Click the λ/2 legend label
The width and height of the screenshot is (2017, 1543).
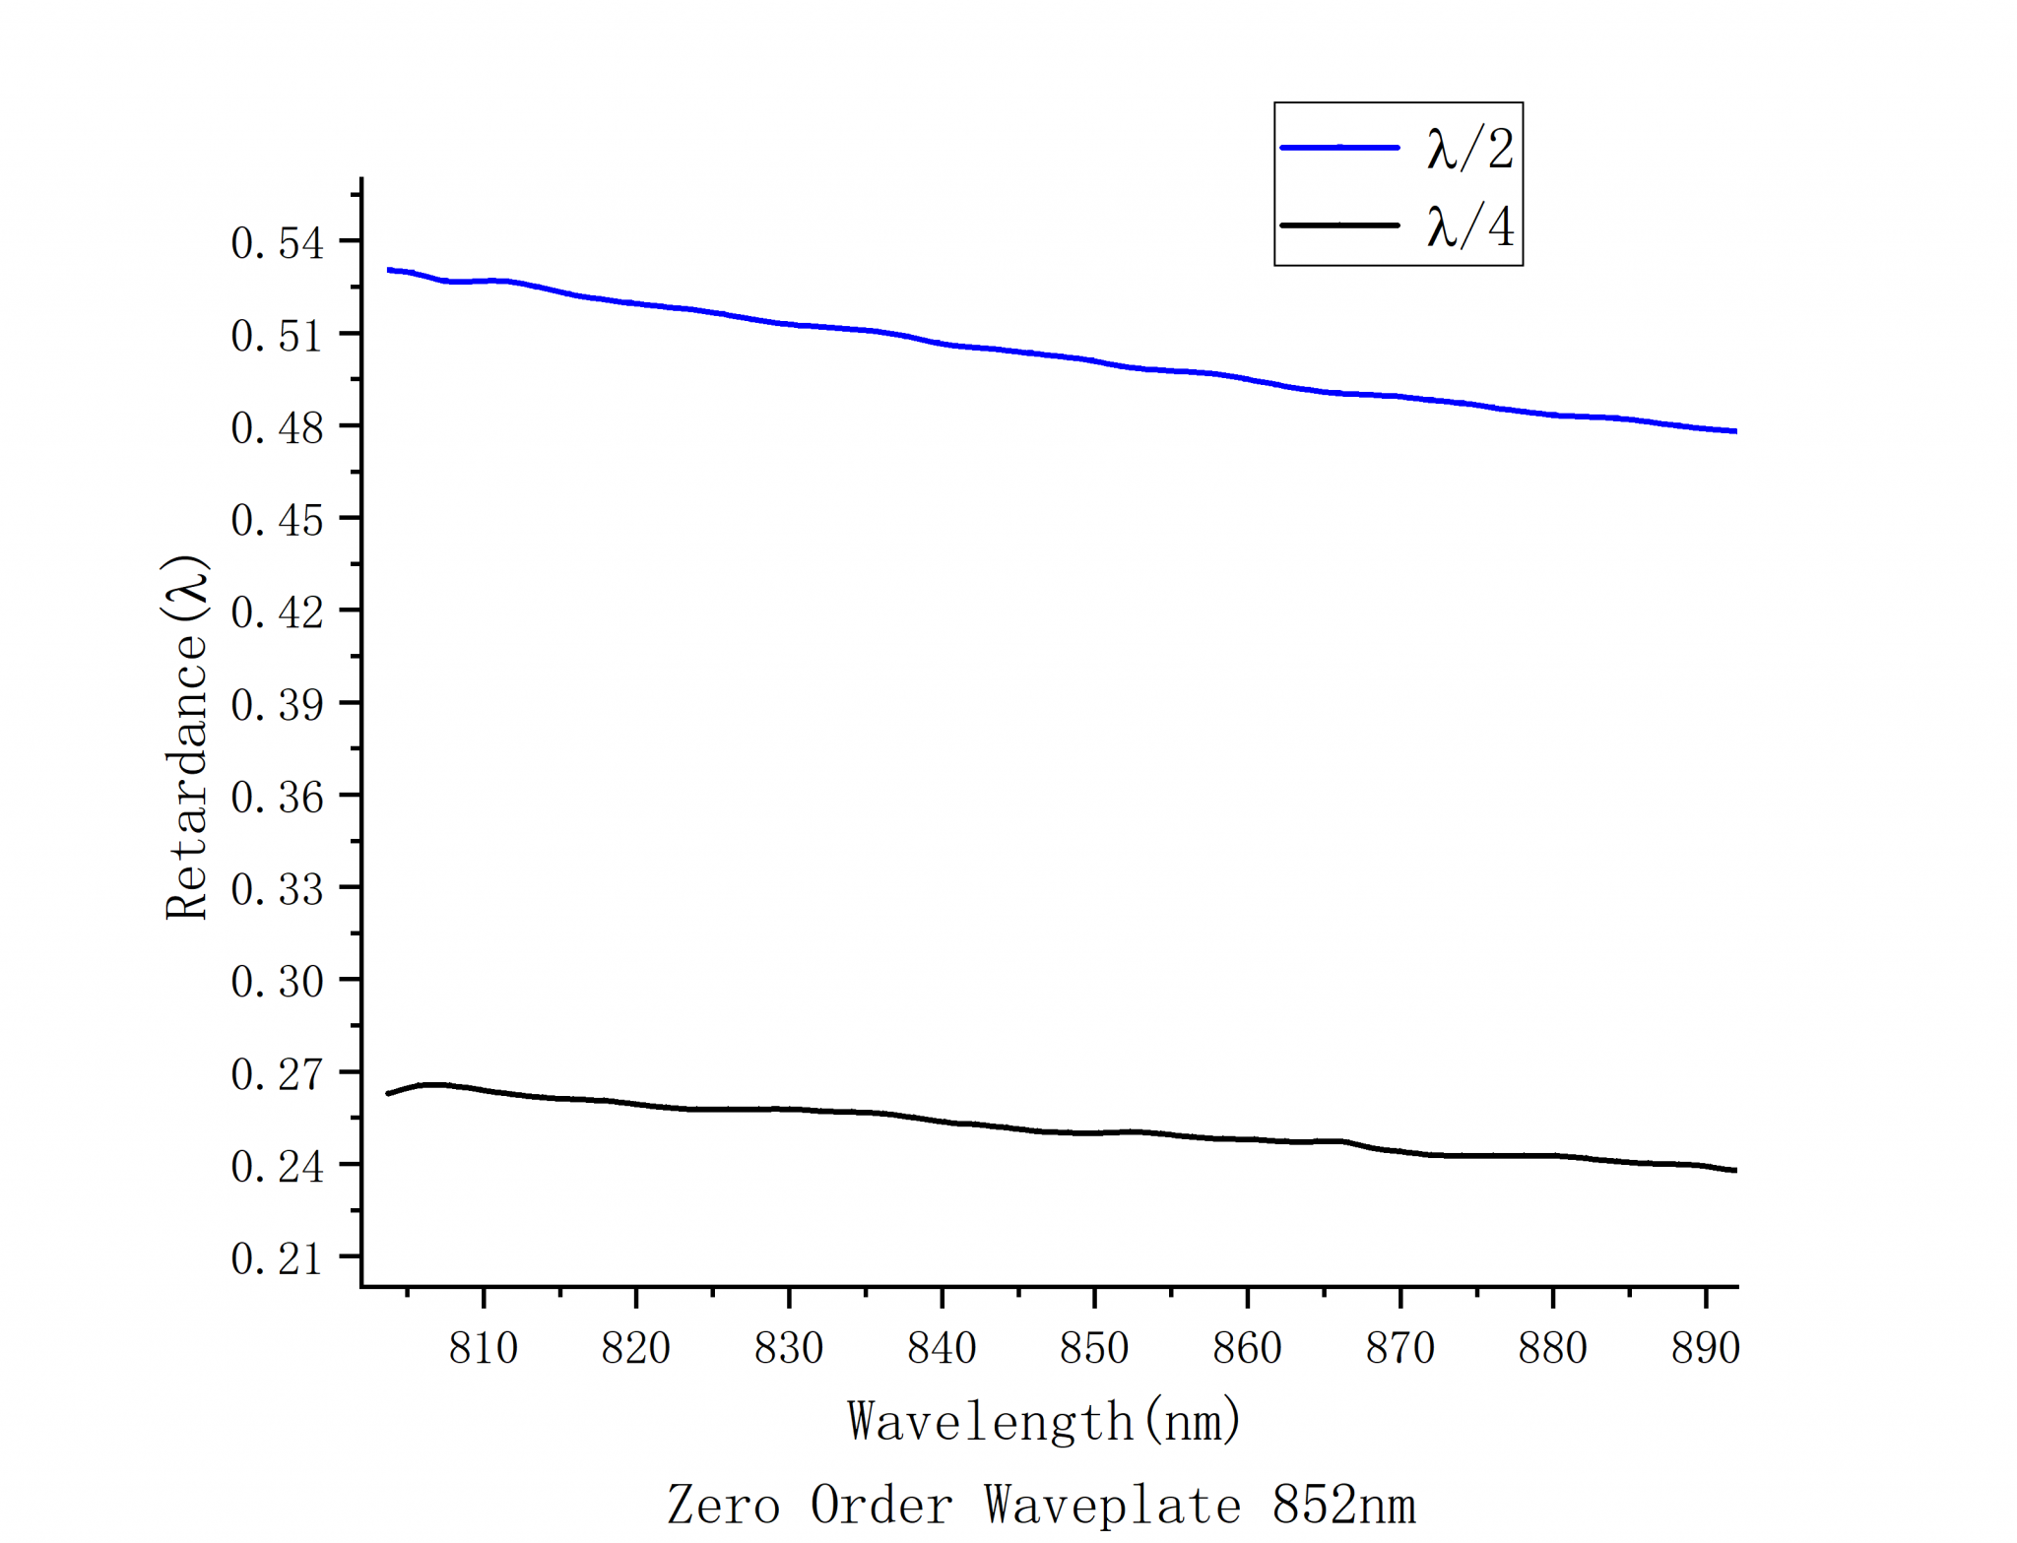pos(1469,150)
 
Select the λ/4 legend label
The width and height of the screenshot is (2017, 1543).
pos(1469,226)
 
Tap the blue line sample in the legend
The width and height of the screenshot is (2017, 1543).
pos(1339,148)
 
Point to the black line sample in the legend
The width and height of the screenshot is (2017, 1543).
pos(1339,225)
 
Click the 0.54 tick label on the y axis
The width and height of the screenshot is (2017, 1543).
pos(277,243)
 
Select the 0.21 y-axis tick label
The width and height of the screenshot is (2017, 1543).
pos(277,1258)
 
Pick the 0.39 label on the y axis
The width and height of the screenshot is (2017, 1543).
pos(277,705)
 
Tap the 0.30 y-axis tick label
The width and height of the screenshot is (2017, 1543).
pos(277,982)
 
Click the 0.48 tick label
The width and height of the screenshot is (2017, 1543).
pos(277,428)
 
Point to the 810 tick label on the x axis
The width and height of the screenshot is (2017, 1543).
pos(484,1348)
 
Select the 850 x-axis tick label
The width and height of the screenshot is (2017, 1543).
pos(1094,1348)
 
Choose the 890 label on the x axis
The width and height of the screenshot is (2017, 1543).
pos(1705,1348)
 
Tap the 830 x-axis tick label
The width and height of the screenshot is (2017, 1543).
pos(789,1348)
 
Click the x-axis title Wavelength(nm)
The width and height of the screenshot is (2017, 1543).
pos(1044,1421)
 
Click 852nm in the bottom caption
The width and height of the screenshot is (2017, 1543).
pos(1343,1505)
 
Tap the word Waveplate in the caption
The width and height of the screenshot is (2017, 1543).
pos(1112,1505)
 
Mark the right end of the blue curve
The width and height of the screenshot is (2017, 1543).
pos(1735,431)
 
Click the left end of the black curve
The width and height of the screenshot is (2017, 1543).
pos(389,1093)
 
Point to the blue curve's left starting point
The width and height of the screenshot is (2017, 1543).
pos(390,270)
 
